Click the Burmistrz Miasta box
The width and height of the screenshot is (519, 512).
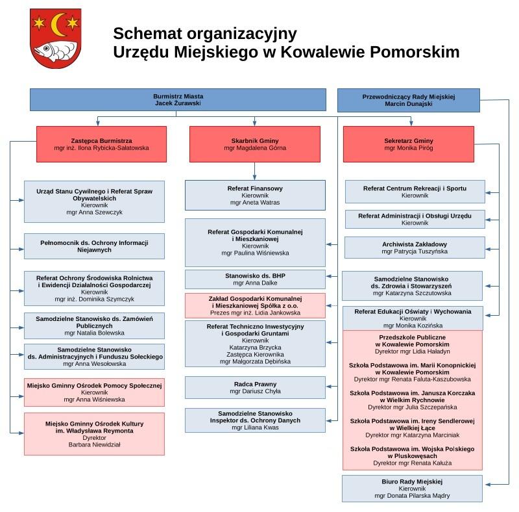(178, 99)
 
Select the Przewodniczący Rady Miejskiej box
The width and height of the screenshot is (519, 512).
(408, 100)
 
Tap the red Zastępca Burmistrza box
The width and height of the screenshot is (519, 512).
(101, 144)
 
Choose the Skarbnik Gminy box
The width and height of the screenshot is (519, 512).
(255, 144)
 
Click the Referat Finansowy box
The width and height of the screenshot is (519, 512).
(255, 195)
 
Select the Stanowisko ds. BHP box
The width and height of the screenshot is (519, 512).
(255, 279)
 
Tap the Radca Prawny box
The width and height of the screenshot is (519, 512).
(255, 387)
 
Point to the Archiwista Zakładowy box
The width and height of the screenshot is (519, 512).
(415, 248)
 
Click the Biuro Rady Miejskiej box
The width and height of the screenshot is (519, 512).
(412, 489)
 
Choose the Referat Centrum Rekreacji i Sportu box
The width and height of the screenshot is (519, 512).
(415, 192)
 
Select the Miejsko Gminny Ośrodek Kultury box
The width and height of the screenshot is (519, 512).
(94, 433)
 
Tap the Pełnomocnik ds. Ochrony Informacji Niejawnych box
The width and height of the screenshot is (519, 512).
(94, 246)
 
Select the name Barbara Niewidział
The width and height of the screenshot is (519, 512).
(94, 445)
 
